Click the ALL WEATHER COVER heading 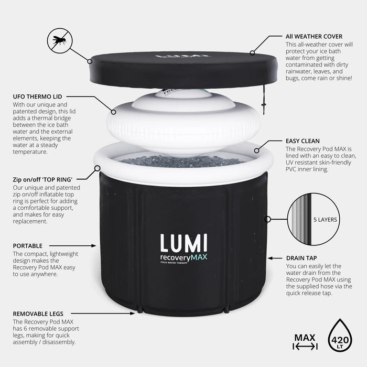(314, 37)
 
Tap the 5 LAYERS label (325, 220)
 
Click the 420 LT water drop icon (340, 336)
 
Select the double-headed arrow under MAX (305, 347)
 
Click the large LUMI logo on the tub (183, 244)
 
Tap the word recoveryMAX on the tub (183, 258)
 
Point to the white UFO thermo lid (183, 123)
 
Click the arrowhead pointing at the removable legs (134, 313)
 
